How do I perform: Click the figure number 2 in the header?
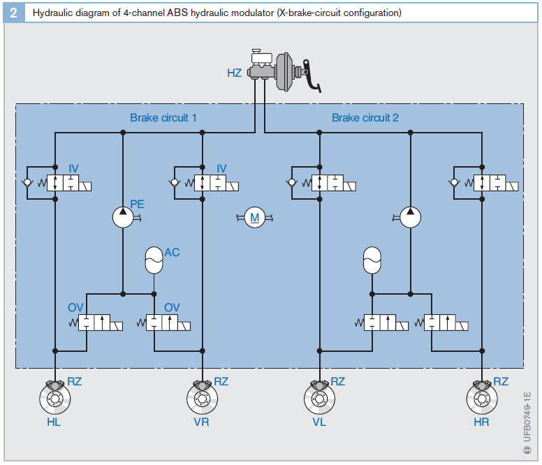[13, 13]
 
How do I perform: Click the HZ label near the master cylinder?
[235, 73]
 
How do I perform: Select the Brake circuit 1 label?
[163, 117]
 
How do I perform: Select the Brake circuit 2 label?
[365, 117]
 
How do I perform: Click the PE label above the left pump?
[137, 204]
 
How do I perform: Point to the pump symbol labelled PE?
[123, 216]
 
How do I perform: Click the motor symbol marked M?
[255, 218]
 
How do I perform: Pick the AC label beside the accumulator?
[172, 252]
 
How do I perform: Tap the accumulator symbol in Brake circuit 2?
[373, 260]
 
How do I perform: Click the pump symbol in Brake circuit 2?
[410, 216]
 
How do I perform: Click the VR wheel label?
[201, 422]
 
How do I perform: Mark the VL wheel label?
[319, 422]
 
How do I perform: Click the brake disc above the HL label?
[54, 399]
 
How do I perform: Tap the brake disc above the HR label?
[481, 399]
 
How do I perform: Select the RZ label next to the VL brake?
[338, 381]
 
